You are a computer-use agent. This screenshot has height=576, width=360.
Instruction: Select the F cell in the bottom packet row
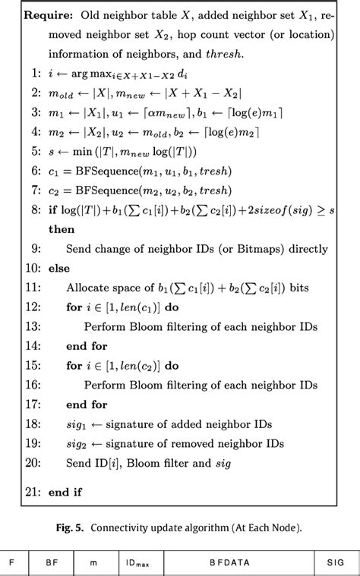click(11, 562)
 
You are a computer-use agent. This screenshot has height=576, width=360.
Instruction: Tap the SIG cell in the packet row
click(335, 562)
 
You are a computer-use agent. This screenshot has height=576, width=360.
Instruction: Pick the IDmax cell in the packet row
click(137, 562)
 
